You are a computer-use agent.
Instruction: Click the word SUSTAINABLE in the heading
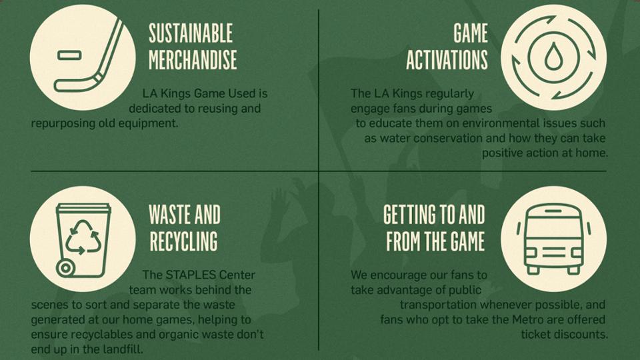191,33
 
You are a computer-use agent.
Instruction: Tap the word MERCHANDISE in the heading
193,60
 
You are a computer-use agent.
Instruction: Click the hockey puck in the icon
69,55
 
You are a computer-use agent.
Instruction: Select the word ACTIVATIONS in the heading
447,60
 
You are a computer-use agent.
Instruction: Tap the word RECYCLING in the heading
184,241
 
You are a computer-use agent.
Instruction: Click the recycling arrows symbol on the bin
83,237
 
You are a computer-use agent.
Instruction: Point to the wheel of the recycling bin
65,268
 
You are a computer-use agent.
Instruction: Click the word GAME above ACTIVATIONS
471,33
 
